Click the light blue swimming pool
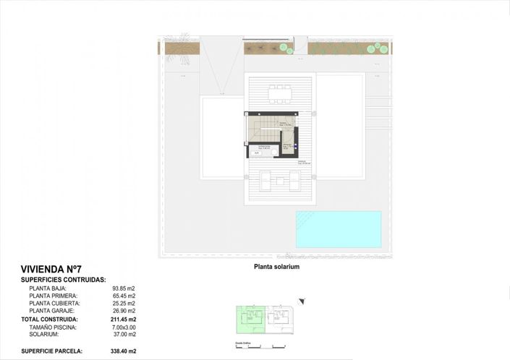click(338, 229)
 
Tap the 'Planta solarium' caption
click(276, 267)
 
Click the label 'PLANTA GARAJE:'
click(53, 311)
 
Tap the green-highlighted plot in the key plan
click(251, 319)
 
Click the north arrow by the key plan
click(302, 301)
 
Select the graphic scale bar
click(250, 346)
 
